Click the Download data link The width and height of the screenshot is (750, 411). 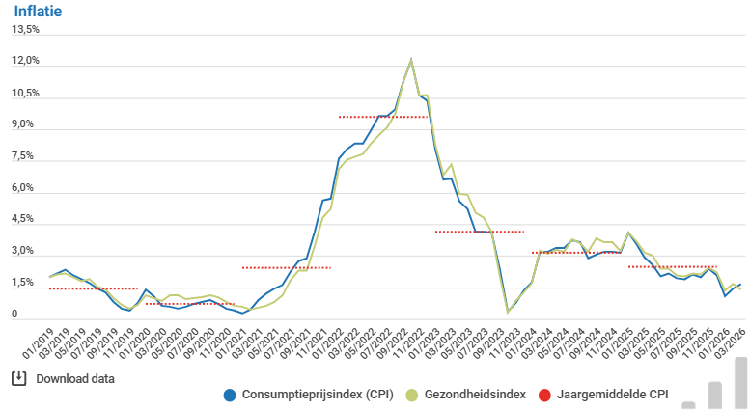75,378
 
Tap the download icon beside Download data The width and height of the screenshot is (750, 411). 17,378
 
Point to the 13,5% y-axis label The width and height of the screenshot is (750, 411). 26,29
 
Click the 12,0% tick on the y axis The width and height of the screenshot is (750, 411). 26,61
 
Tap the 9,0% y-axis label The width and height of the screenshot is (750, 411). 26,124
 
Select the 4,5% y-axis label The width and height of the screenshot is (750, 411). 26,219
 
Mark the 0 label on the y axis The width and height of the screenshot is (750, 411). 14,315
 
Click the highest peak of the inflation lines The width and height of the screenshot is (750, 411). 411,60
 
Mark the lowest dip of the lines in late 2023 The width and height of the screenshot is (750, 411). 508,311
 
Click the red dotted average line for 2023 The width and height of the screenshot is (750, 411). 480,232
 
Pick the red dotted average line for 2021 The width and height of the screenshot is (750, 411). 287,267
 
